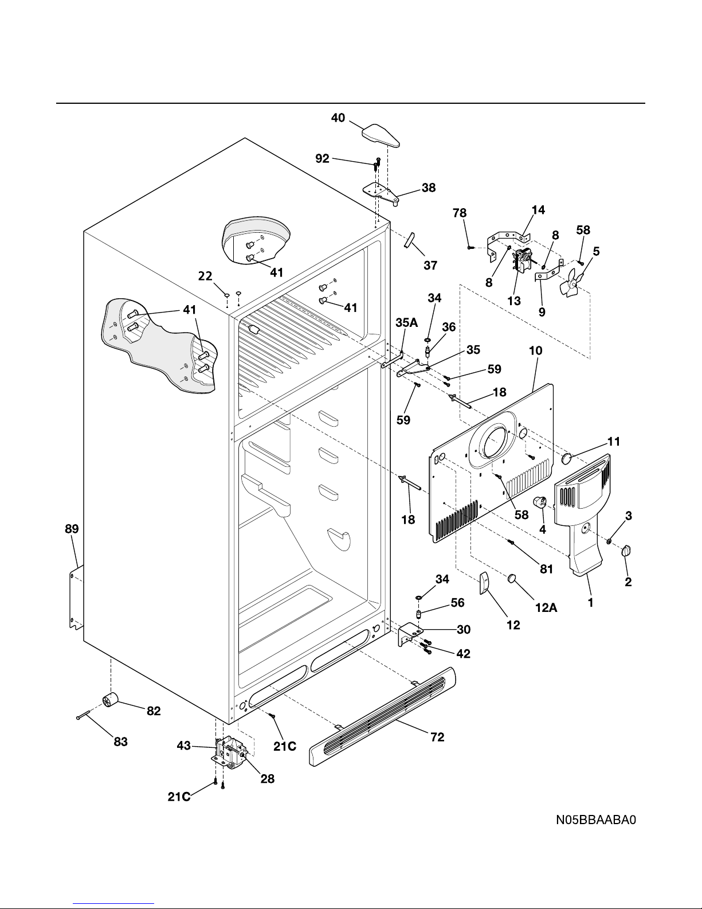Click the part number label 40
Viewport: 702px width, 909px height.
click(338, 118)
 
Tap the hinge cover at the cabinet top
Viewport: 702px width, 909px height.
click(381, 135)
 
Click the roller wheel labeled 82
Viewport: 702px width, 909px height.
click(110, 700)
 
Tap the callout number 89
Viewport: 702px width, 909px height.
click(72, 529)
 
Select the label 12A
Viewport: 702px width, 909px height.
click(546, 607)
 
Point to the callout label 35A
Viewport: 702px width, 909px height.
click(406, 322)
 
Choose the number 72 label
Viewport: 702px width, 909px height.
click(437, 737)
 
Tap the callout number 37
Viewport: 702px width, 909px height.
click(430, 265)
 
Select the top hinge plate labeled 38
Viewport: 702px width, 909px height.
click(381, 194)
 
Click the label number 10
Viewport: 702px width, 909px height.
click(535, 350)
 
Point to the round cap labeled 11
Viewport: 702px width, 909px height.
click(567, 458)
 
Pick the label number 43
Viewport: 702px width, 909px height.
click(184, 746)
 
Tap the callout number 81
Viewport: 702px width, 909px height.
click(546, 569)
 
